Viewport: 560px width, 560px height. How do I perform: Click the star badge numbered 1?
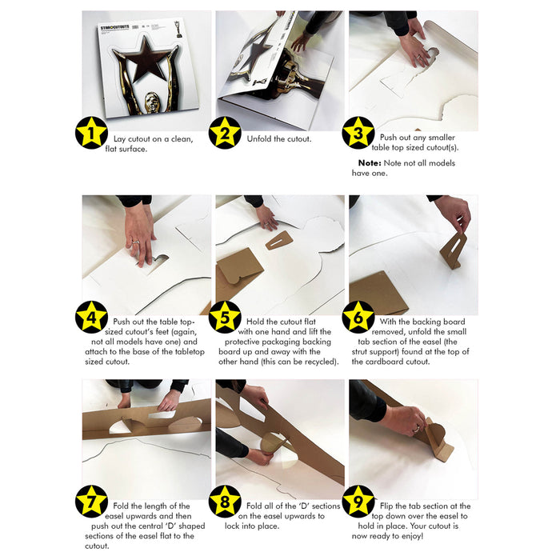(x=91, y=133)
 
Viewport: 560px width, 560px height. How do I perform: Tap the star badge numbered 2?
(x=225, y=133)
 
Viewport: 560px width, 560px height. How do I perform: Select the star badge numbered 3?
(x=358, y=133)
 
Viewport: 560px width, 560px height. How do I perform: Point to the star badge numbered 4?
(x=91, y=317)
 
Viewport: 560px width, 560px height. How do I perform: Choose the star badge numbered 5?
(x=225, y=317)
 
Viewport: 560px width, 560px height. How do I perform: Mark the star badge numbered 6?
(x=358, y=317)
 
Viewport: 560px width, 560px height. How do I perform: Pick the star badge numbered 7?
(x=91, y=502)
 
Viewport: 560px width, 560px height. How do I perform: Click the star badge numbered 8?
(x=225, y=502)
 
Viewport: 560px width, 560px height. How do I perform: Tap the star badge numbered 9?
(x=358, y=502)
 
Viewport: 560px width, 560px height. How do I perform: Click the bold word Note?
(x=370, y=163)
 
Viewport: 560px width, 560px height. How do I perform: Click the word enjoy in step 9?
(x=413, y=536)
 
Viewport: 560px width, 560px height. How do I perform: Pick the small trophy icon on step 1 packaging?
(x=178, y=30)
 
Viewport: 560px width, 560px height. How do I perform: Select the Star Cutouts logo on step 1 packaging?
(x=114, y=27)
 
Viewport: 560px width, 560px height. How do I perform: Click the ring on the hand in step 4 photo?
(x=136, y=242)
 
